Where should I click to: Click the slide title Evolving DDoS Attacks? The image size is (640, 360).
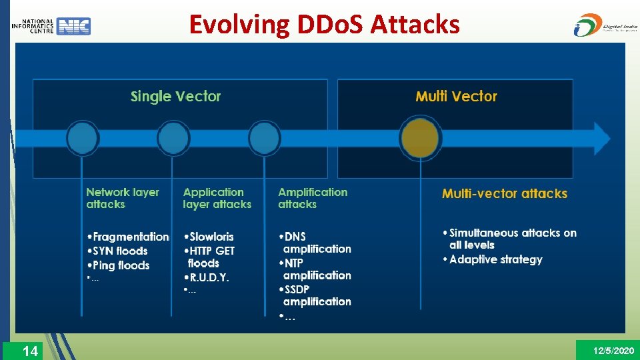(324, 25)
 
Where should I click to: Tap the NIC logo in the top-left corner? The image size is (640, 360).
(51, 26)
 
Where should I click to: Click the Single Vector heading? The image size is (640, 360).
(175, 97)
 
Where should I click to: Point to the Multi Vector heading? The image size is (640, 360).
(456, 97)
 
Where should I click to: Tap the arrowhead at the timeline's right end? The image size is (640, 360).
(601, 139)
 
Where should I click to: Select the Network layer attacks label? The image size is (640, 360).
(123, 198)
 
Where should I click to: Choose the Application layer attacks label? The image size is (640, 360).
(217, 198)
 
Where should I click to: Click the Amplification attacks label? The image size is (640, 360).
(312, 198)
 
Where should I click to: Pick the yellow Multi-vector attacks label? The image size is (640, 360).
(504, 194)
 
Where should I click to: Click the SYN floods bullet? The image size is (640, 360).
(119, 251)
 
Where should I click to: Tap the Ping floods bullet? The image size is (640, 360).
(121, 265)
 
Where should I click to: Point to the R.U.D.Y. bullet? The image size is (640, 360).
(209, 277)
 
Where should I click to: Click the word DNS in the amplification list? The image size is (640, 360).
(295, 237)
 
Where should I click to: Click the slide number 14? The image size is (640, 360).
(30, 351)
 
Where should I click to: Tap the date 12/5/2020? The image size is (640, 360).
(613, 351)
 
